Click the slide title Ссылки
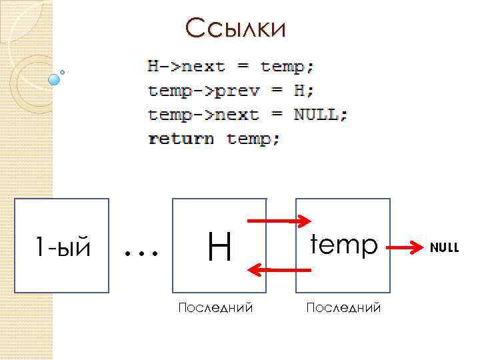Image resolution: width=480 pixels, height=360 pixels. [x=236, y=29]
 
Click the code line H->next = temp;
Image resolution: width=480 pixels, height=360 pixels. [x=231, y=67]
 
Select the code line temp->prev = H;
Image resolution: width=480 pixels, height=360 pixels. [x=231, y=91]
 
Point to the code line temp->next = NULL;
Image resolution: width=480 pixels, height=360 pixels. [x=247, y=115]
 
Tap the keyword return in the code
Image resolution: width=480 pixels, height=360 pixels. [x=181, y=139]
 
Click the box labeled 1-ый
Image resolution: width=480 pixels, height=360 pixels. [x=61, y=246]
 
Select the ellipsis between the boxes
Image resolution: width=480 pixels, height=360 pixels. [x=141, y=252]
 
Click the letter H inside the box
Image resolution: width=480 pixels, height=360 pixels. [x=219, y=247]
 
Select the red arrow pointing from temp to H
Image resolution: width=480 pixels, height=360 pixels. [x=279, y=269]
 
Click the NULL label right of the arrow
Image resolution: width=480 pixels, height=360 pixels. [x=444, y=248]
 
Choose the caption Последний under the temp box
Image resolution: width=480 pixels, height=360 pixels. [x=343, y=307]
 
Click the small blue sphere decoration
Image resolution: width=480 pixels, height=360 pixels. [x=55, y=79]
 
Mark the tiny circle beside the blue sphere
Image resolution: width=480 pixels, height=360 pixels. [x=63, y=71]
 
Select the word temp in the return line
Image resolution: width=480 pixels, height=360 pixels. [x=253, y=139]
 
